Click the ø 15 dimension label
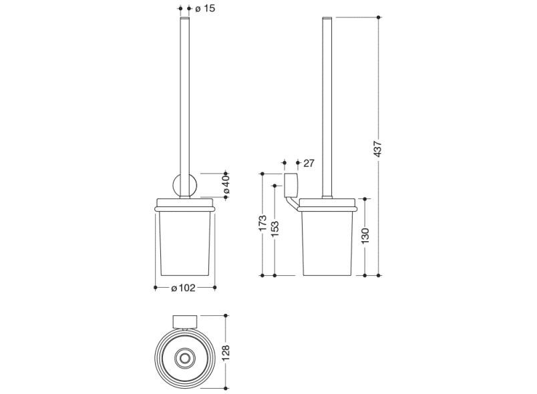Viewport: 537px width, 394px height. pyautogui.click(x=205, y=9)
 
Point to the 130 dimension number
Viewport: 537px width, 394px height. pyautogui.click(x=365, y=236)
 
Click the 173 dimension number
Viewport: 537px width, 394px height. pyautogui.click(x=262, y=223)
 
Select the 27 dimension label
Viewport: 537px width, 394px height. pyautogui.click(x=309, y=162)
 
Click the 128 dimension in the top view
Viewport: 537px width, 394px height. pyautogui.click(x=226, y=351)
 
